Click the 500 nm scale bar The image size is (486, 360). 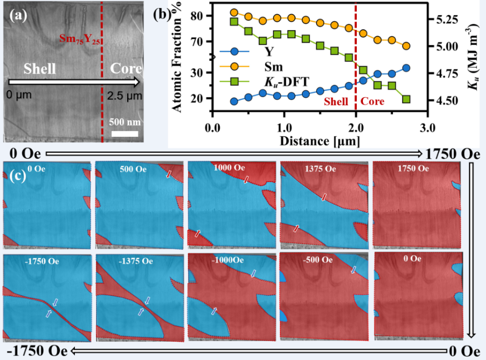point(124,133)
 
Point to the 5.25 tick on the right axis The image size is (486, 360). point(443,20)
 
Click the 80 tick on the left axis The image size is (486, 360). point(202,16)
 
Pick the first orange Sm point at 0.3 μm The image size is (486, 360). point(234,13)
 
